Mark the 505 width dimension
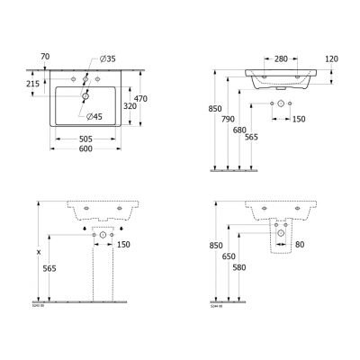tap(85, 139)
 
